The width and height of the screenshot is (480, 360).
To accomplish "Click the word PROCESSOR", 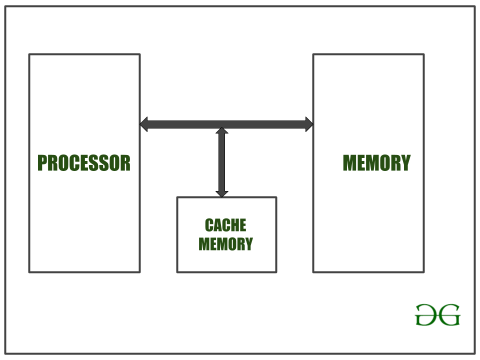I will [84, 163].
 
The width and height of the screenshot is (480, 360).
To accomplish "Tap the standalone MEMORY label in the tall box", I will [376, 163].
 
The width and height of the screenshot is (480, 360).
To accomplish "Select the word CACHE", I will [225, 225].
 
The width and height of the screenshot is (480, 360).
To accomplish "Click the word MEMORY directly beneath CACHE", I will [225, 244].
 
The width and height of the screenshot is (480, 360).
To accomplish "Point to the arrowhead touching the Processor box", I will [144, 124].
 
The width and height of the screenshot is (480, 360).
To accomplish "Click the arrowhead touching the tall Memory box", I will [309, 124].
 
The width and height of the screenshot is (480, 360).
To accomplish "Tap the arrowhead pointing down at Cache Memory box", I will [222, 193].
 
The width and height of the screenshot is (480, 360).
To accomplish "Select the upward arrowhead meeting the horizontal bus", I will [222, 131].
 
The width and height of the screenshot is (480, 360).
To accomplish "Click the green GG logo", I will [437, 315].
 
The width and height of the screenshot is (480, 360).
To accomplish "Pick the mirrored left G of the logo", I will [426, 315].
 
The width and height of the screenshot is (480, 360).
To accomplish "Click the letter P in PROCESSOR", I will [42, 163].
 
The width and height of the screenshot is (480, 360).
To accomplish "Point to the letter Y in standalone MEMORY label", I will [405, 163].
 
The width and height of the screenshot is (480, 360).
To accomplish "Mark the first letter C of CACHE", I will [208, 225].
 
